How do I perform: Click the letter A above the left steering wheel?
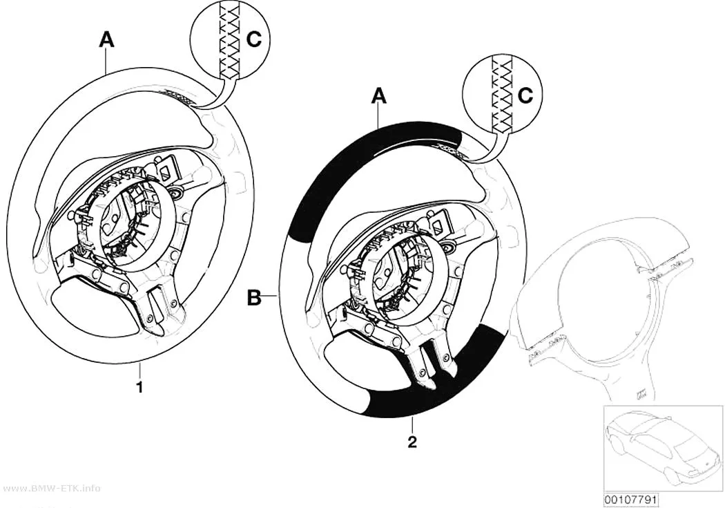pos(107,40)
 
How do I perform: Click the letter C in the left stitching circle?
pos(254,39)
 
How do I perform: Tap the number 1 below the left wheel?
pos(139,386)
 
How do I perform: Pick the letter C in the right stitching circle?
pos(525,95)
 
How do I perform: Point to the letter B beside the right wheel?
pos(254,297)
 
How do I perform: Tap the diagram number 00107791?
pos(630,500)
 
